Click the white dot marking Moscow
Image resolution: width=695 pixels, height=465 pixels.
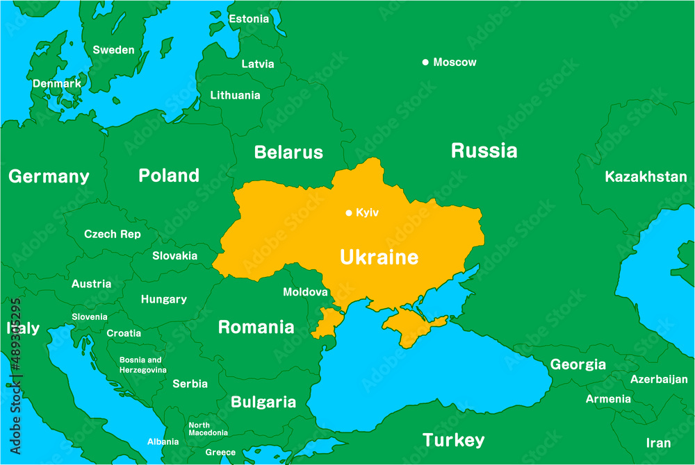coord(425,62)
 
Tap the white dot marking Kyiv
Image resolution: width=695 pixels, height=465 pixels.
coord(349,213)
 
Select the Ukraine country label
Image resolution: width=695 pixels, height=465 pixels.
coord(379,257)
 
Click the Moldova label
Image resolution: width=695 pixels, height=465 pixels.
coord(305,292)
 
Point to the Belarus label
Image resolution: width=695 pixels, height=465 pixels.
coord(288,152)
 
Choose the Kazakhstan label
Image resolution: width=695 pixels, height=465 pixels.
coord(646,176)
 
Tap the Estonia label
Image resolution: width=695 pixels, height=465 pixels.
coord(249,19)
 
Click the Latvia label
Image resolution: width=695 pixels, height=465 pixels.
coord(258,64)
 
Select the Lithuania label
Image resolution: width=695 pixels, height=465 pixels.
coord(236,95)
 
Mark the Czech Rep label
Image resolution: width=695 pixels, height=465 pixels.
coord(113,234)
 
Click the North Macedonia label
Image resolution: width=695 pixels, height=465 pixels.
coord(208,429)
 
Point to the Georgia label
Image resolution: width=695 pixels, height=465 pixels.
coord(578,364)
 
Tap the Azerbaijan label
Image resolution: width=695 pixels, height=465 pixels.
coord(659,379)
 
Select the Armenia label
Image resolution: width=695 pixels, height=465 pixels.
coord(608,399)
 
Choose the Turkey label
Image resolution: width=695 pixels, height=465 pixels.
coord(453,440)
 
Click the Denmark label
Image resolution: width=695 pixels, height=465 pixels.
coord(57,83)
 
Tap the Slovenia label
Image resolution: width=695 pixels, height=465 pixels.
coord(90,317)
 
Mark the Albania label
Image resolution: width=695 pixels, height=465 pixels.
coord(163,441)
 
